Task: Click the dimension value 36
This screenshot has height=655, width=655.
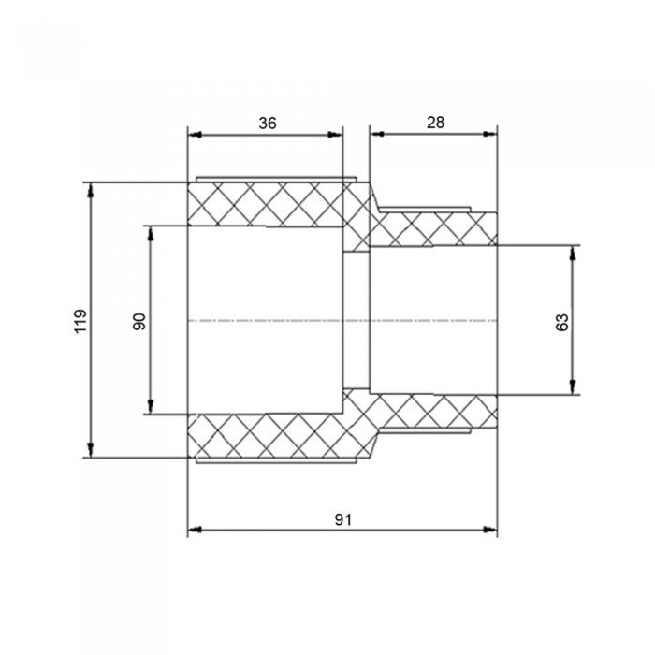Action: (x=268, y=124)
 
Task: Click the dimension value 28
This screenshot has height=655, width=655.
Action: (x=435, y=123)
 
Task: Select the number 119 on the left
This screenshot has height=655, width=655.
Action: (x=80, y=321)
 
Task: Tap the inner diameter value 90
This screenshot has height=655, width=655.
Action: (x=139, y=321)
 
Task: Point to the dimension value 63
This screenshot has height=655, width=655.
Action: (x=562, y=322)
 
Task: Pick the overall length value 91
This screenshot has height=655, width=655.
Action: (x=343, y=519)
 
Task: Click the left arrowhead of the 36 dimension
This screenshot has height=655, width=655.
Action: (x=195, y=135)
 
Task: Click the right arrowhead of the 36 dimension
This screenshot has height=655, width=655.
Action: (x=336, y=135)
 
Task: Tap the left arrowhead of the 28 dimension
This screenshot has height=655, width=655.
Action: (x=377, y=134)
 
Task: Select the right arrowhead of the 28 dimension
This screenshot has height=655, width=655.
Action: (x=490, y=134)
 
